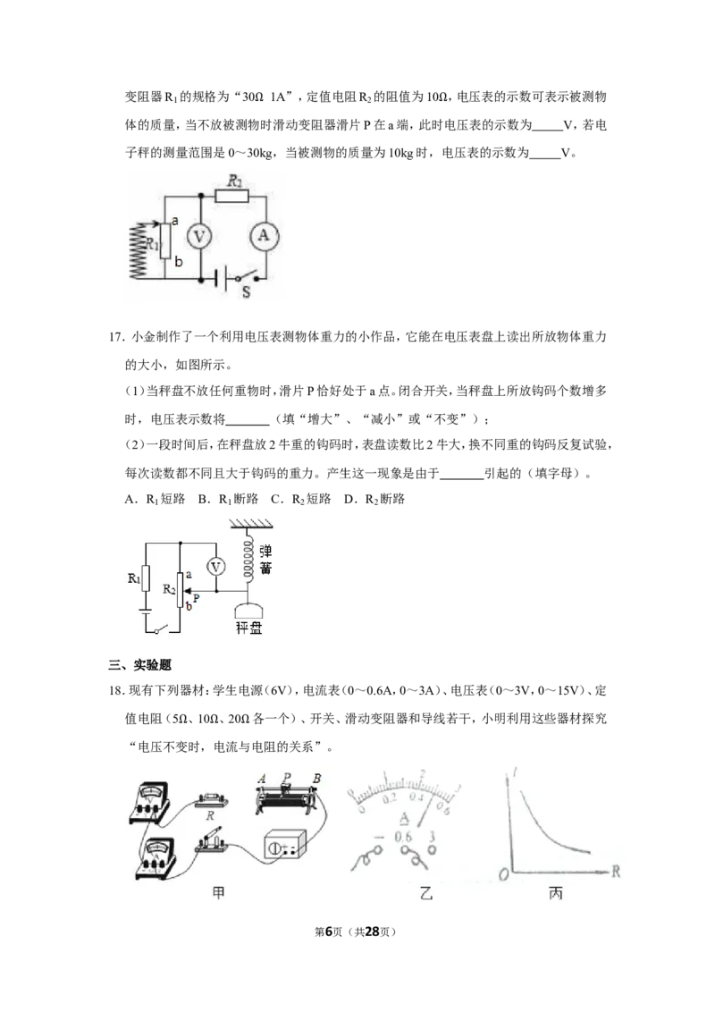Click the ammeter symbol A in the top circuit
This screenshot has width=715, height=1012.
[264, 236]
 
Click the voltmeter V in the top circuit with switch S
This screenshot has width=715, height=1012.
[199, 237]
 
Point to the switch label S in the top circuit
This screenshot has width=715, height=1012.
[246, 292]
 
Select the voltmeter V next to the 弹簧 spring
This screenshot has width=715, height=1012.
[215, 567]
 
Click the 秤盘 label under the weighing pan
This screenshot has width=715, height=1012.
[248, 628]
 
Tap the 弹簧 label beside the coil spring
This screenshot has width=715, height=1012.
[265, 560]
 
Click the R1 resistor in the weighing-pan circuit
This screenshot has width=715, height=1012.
[145, 578]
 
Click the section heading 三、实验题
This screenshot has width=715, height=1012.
[140, 665]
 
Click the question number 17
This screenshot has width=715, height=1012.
[115, 337]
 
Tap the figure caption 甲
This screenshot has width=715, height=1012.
[219, 893]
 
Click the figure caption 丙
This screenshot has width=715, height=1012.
[556, 893]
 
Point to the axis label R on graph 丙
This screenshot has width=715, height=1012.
[616, 872]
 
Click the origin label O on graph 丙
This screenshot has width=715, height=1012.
[504, 874]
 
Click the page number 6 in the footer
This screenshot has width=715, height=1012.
[328, 932]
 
